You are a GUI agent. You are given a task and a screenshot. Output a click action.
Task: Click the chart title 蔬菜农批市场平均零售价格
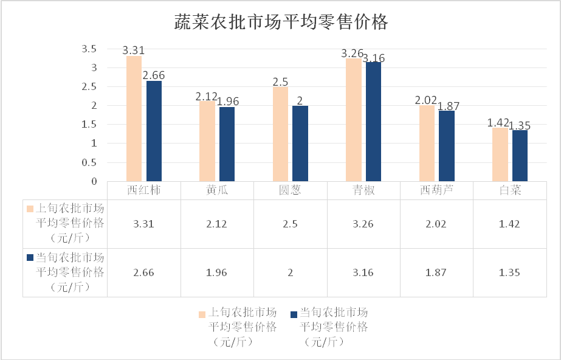tap(281, 23)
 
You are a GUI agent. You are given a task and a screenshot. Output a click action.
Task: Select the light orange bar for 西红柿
tap(134, 119)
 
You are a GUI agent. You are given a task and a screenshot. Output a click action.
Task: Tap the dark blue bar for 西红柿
tap(154, 131)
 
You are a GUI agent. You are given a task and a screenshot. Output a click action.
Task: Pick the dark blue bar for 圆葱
tap(300, 144)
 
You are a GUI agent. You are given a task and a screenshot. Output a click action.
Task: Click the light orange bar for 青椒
tap(354, 120)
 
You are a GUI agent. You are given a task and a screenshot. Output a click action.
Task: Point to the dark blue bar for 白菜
tap(520, 156)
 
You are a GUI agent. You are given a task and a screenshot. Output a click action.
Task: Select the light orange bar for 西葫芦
tap(427, 144)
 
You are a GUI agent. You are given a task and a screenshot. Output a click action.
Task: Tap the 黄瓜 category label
tap(217, 190)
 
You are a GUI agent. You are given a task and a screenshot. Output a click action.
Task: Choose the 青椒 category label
tap(363, 190)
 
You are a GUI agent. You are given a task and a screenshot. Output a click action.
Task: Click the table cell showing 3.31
tap(143, 224)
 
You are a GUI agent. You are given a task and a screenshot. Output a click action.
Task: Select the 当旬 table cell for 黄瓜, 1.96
tap(217, 272)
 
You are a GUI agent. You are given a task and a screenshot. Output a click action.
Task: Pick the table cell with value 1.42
tap(510, 224)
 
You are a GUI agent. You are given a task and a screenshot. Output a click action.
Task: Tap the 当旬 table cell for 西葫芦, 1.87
tap(436, 272)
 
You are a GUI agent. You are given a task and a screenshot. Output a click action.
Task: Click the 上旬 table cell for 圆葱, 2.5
tap(290, 224)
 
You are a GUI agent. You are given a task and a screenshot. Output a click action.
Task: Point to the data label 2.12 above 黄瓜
tap(207, 96)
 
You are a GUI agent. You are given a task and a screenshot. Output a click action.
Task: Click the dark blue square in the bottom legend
tap(294, 314)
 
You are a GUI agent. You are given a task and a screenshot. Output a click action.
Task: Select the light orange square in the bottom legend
tap(202, 314)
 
